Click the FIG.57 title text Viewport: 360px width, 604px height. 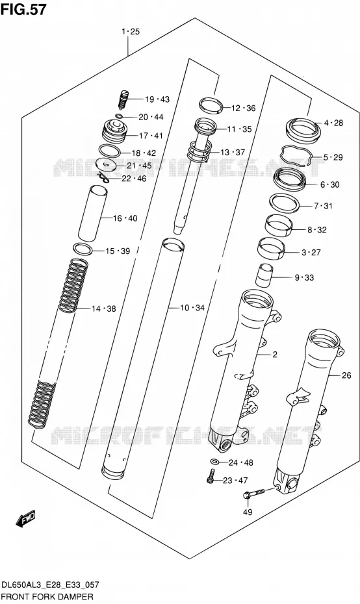click(23, 9)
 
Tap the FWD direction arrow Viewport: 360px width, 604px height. click(26, 520)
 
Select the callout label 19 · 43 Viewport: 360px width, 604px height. click(157, 99)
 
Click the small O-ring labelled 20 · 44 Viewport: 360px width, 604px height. click(120, 116)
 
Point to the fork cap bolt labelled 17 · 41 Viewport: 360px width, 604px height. click(114, 131)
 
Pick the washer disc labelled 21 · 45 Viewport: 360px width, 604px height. click(107, 165)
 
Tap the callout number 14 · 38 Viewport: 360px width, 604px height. click(104, 308)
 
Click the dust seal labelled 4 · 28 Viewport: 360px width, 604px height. click(303, 129)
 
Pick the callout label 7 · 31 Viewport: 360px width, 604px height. click(323, 206)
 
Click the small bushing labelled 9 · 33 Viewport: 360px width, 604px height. click(264, 276)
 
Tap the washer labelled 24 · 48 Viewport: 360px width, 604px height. click(214, 462)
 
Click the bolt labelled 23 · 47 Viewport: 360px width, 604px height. click(210, 477)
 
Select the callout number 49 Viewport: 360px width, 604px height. click(247, 512)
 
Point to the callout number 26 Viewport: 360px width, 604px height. click(346, 375)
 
